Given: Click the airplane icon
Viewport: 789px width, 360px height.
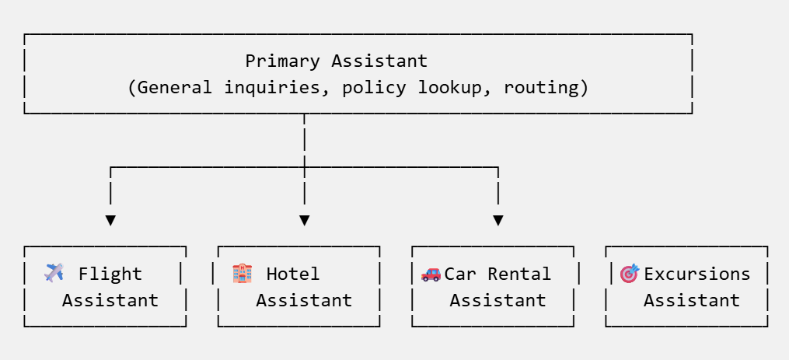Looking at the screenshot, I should [x=54, y=273].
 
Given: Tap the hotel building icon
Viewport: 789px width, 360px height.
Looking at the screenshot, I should [x=242, y=273].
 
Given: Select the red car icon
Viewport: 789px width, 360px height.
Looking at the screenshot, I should [x=430, y=274].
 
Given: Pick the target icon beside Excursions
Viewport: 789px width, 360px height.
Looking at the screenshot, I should [x=629, y=273].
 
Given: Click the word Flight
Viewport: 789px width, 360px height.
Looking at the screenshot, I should [x=110, y=274].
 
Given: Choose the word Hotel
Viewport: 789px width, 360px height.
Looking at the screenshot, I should [x=293, y=274].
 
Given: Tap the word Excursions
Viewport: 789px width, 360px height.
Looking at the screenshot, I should [x=697, y=274].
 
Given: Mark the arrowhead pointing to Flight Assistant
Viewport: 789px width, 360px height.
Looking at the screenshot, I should [x=110, y=220].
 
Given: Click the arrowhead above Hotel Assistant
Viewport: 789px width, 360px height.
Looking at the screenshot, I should [x=304, y=220].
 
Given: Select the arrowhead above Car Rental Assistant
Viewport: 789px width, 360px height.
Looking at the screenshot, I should [x=497, y=220].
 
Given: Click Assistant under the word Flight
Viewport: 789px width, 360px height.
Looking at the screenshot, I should [x=110, y=300].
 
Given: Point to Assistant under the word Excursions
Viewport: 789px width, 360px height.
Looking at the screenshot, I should [x=691, y=300].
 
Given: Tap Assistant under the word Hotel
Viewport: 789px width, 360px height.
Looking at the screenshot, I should [x=304, y=300].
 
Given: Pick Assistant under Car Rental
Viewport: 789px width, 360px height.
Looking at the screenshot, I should [x=497, y=300].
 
